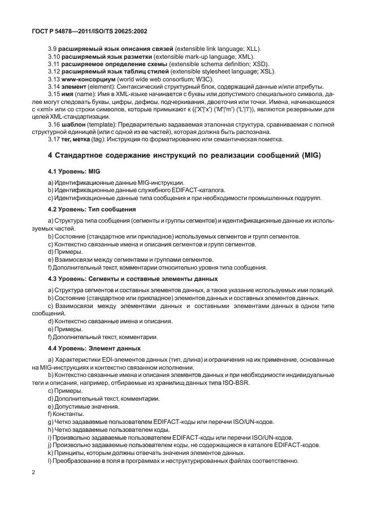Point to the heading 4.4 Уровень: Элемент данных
click(x=94, y=348)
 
